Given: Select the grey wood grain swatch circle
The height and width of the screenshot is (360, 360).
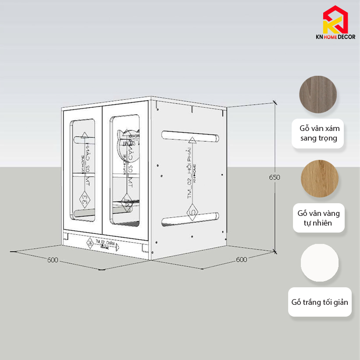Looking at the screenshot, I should [x=318, y=95].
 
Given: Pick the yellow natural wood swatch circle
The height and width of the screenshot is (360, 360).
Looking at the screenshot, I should [x=319, y=179].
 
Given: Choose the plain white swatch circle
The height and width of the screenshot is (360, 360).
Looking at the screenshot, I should [x=320, y=263].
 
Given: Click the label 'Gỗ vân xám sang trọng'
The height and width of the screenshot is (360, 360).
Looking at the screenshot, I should [x=318, y=133].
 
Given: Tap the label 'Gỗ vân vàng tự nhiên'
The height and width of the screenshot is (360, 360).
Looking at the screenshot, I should [x=318, y=218].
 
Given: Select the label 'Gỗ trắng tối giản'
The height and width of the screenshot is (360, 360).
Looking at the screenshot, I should [x=320, y=302].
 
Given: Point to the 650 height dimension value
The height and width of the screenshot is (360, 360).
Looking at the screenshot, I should [x=275, y=177].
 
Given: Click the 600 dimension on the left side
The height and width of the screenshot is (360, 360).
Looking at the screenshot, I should [x=53, y=260].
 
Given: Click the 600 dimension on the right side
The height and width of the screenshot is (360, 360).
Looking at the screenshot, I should [x=241, y=259].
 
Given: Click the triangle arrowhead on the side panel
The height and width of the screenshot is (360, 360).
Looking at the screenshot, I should [x=192, y=140].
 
